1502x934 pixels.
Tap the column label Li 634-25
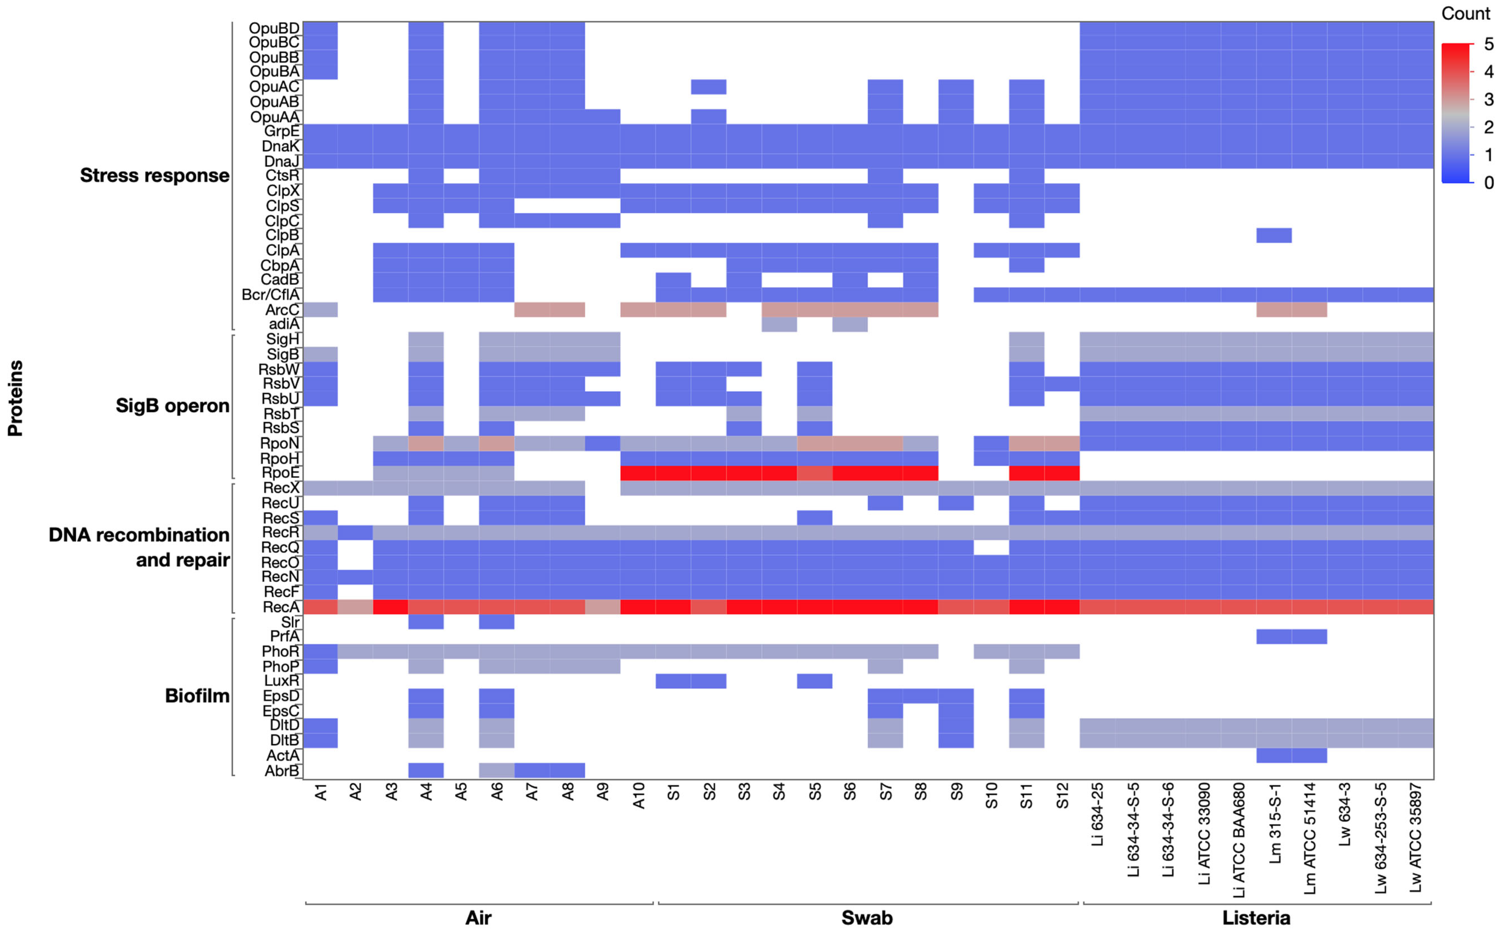(x=1098, y=814)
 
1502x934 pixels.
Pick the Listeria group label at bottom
(x=1256, y=918)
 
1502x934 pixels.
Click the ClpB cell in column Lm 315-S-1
(x=1273, y=235)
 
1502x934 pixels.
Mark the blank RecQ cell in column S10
(x=991, y=547)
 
